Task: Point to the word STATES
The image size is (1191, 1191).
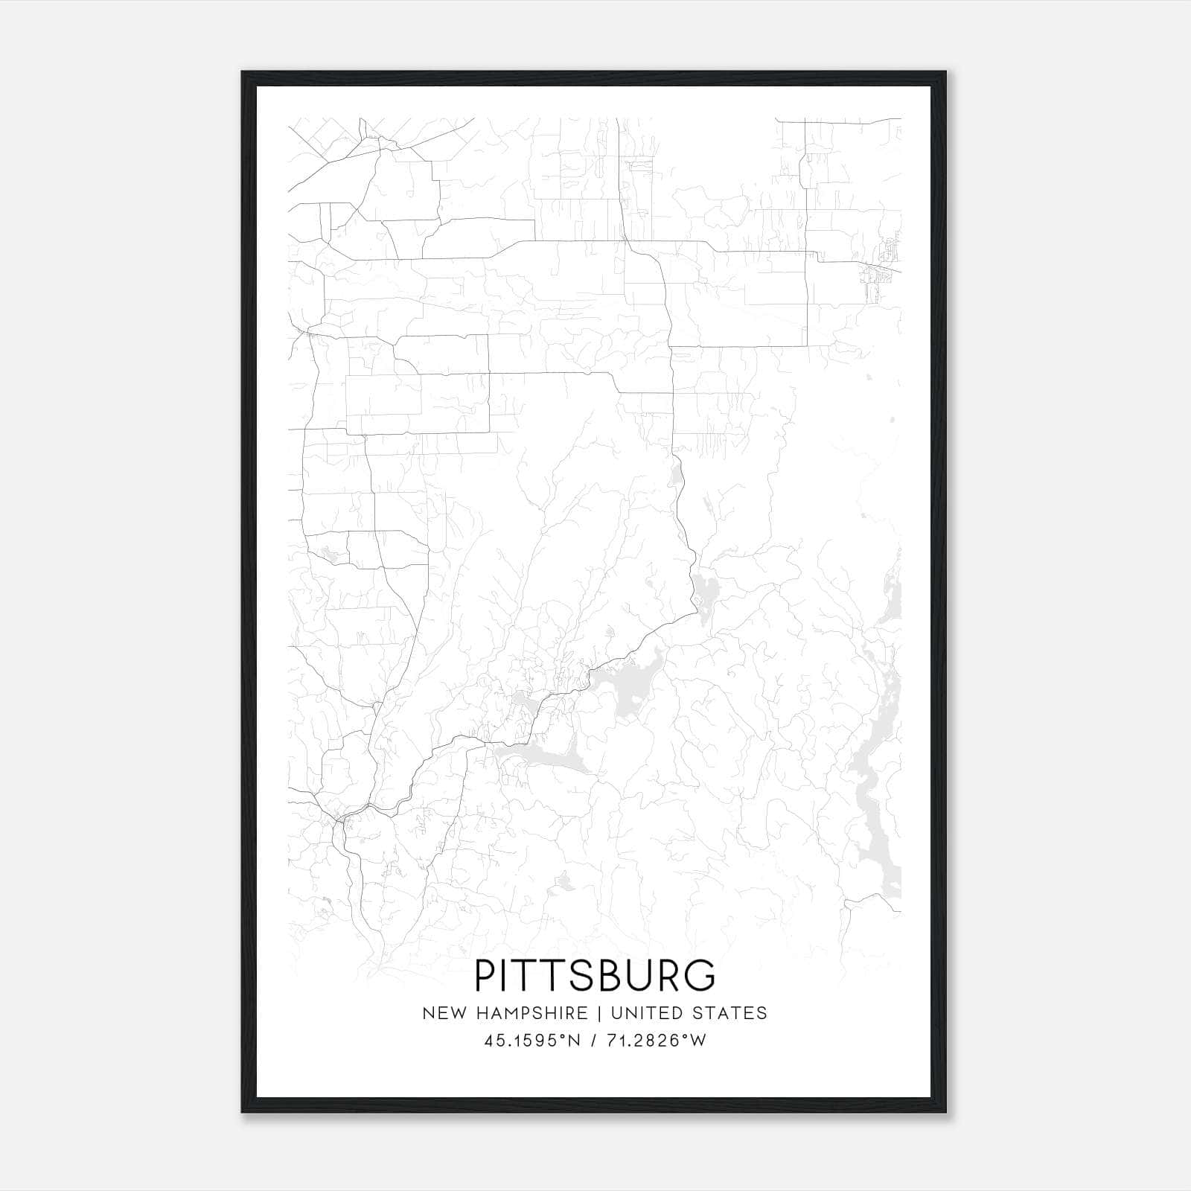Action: pos(730,1013)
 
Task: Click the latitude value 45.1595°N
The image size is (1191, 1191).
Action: pos(531,1040)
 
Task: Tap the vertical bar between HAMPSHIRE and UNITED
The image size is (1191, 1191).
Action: pos(599,1013)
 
